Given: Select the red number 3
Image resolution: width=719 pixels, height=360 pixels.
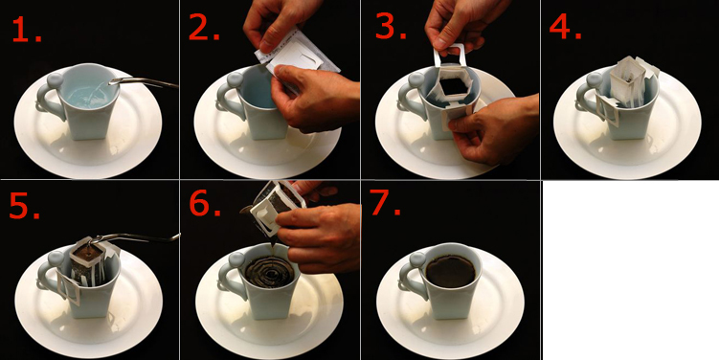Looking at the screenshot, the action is [390, 28].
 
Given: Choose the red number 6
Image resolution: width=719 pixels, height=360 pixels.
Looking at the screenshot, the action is [205, 205].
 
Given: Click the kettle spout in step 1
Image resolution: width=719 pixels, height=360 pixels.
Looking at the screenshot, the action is [143, 82].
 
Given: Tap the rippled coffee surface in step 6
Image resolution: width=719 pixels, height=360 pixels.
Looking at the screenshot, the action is [269, 272].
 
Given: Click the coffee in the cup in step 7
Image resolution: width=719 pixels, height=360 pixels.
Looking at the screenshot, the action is [451, 271].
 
